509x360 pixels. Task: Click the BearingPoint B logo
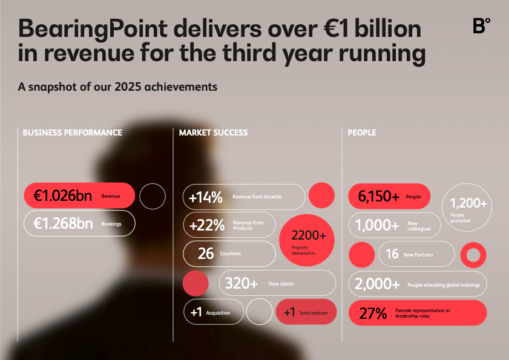(481, 26)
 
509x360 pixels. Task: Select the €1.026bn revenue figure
(63, 196)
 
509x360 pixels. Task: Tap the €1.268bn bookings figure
(63, 224)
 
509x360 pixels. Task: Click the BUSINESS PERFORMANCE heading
(72, 133)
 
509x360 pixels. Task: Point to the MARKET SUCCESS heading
(213, 133)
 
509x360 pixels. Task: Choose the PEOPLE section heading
(362, 133)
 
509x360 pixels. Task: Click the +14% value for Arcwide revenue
(206, 197)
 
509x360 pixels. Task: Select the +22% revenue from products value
(206, 226)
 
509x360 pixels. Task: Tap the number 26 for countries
(206, 254)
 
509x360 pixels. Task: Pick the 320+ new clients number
(241, 283)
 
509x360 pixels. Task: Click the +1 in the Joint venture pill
(289, 312)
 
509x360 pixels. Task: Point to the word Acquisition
(218, 313)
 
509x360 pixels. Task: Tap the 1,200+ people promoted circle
(467, 208)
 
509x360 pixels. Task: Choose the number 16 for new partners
(392, 254)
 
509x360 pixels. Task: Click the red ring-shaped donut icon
(473, 255)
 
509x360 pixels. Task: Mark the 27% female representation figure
(372, 313)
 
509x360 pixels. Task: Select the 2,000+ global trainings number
(377, 284)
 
